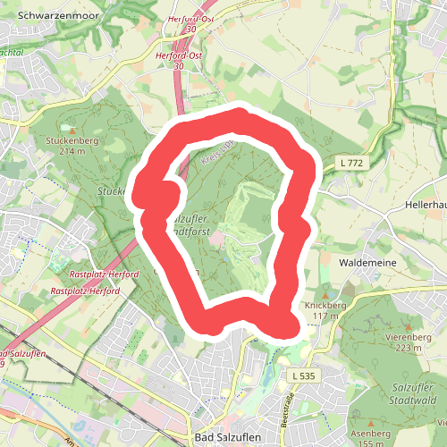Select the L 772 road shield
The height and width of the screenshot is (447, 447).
tap(351, 163)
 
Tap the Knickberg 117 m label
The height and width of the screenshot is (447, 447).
tap(325, 310)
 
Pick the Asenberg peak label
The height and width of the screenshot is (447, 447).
tap(374, 438)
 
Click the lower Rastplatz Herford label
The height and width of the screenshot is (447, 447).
tap(85, 291)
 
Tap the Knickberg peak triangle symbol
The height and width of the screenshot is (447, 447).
tap(325, 291)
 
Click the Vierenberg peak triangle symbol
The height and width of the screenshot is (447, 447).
tap(409, 327)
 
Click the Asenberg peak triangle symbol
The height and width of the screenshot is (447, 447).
tap(373, 423)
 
